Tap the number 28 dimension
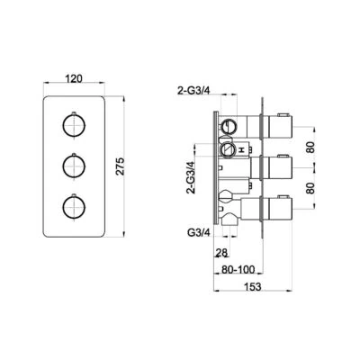point(223,254)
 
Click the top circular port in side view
point(230,123)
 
